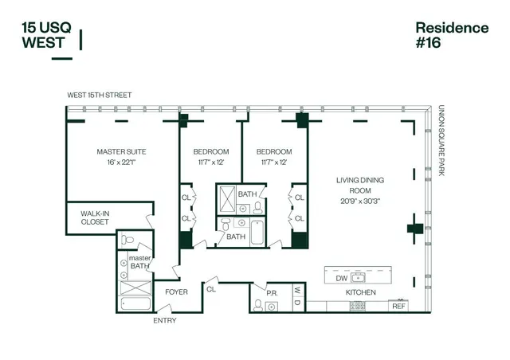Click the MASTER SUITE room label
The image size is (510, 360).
coord(121,151)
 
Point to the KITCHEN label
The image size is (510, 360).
coord(360,292)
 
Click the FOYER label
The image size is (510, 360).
coord(176,292)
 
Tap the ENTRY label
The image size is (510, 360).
coord(165,320)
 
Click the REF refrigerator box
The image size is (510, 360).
coord(398,305)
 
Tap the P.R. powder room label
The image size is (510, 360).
coord(271,293)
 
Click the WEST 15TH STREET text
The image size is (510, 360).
coord(100,96)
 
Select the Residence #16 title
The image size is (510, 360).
coord(452,36)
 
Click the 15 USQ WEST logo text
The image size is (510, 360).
coord(46,35)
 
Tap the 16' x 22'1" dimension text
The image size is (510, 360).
coord(121,162)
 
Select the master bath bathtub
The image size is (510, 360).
coord(130,303)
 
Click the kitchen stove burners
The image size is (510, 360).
coord(358,306)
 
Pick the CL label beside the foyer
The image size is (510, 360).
coord(211,289)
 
